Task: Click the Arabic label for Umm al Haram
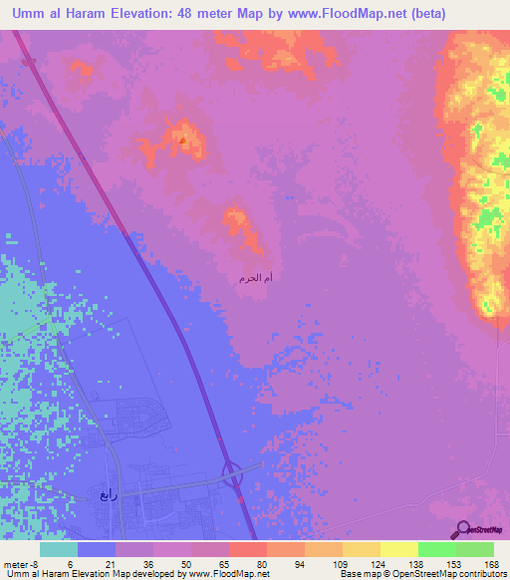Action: point(256,277)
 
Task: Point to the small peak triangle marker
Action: point(182,141)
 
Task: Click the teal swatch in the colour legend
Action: point(59,549)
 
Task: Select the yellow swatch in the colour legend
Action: point(399,549)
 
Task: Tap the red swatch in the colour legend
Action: point(248,549)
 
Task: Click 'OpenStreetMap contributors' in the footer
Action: point(454,575)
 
